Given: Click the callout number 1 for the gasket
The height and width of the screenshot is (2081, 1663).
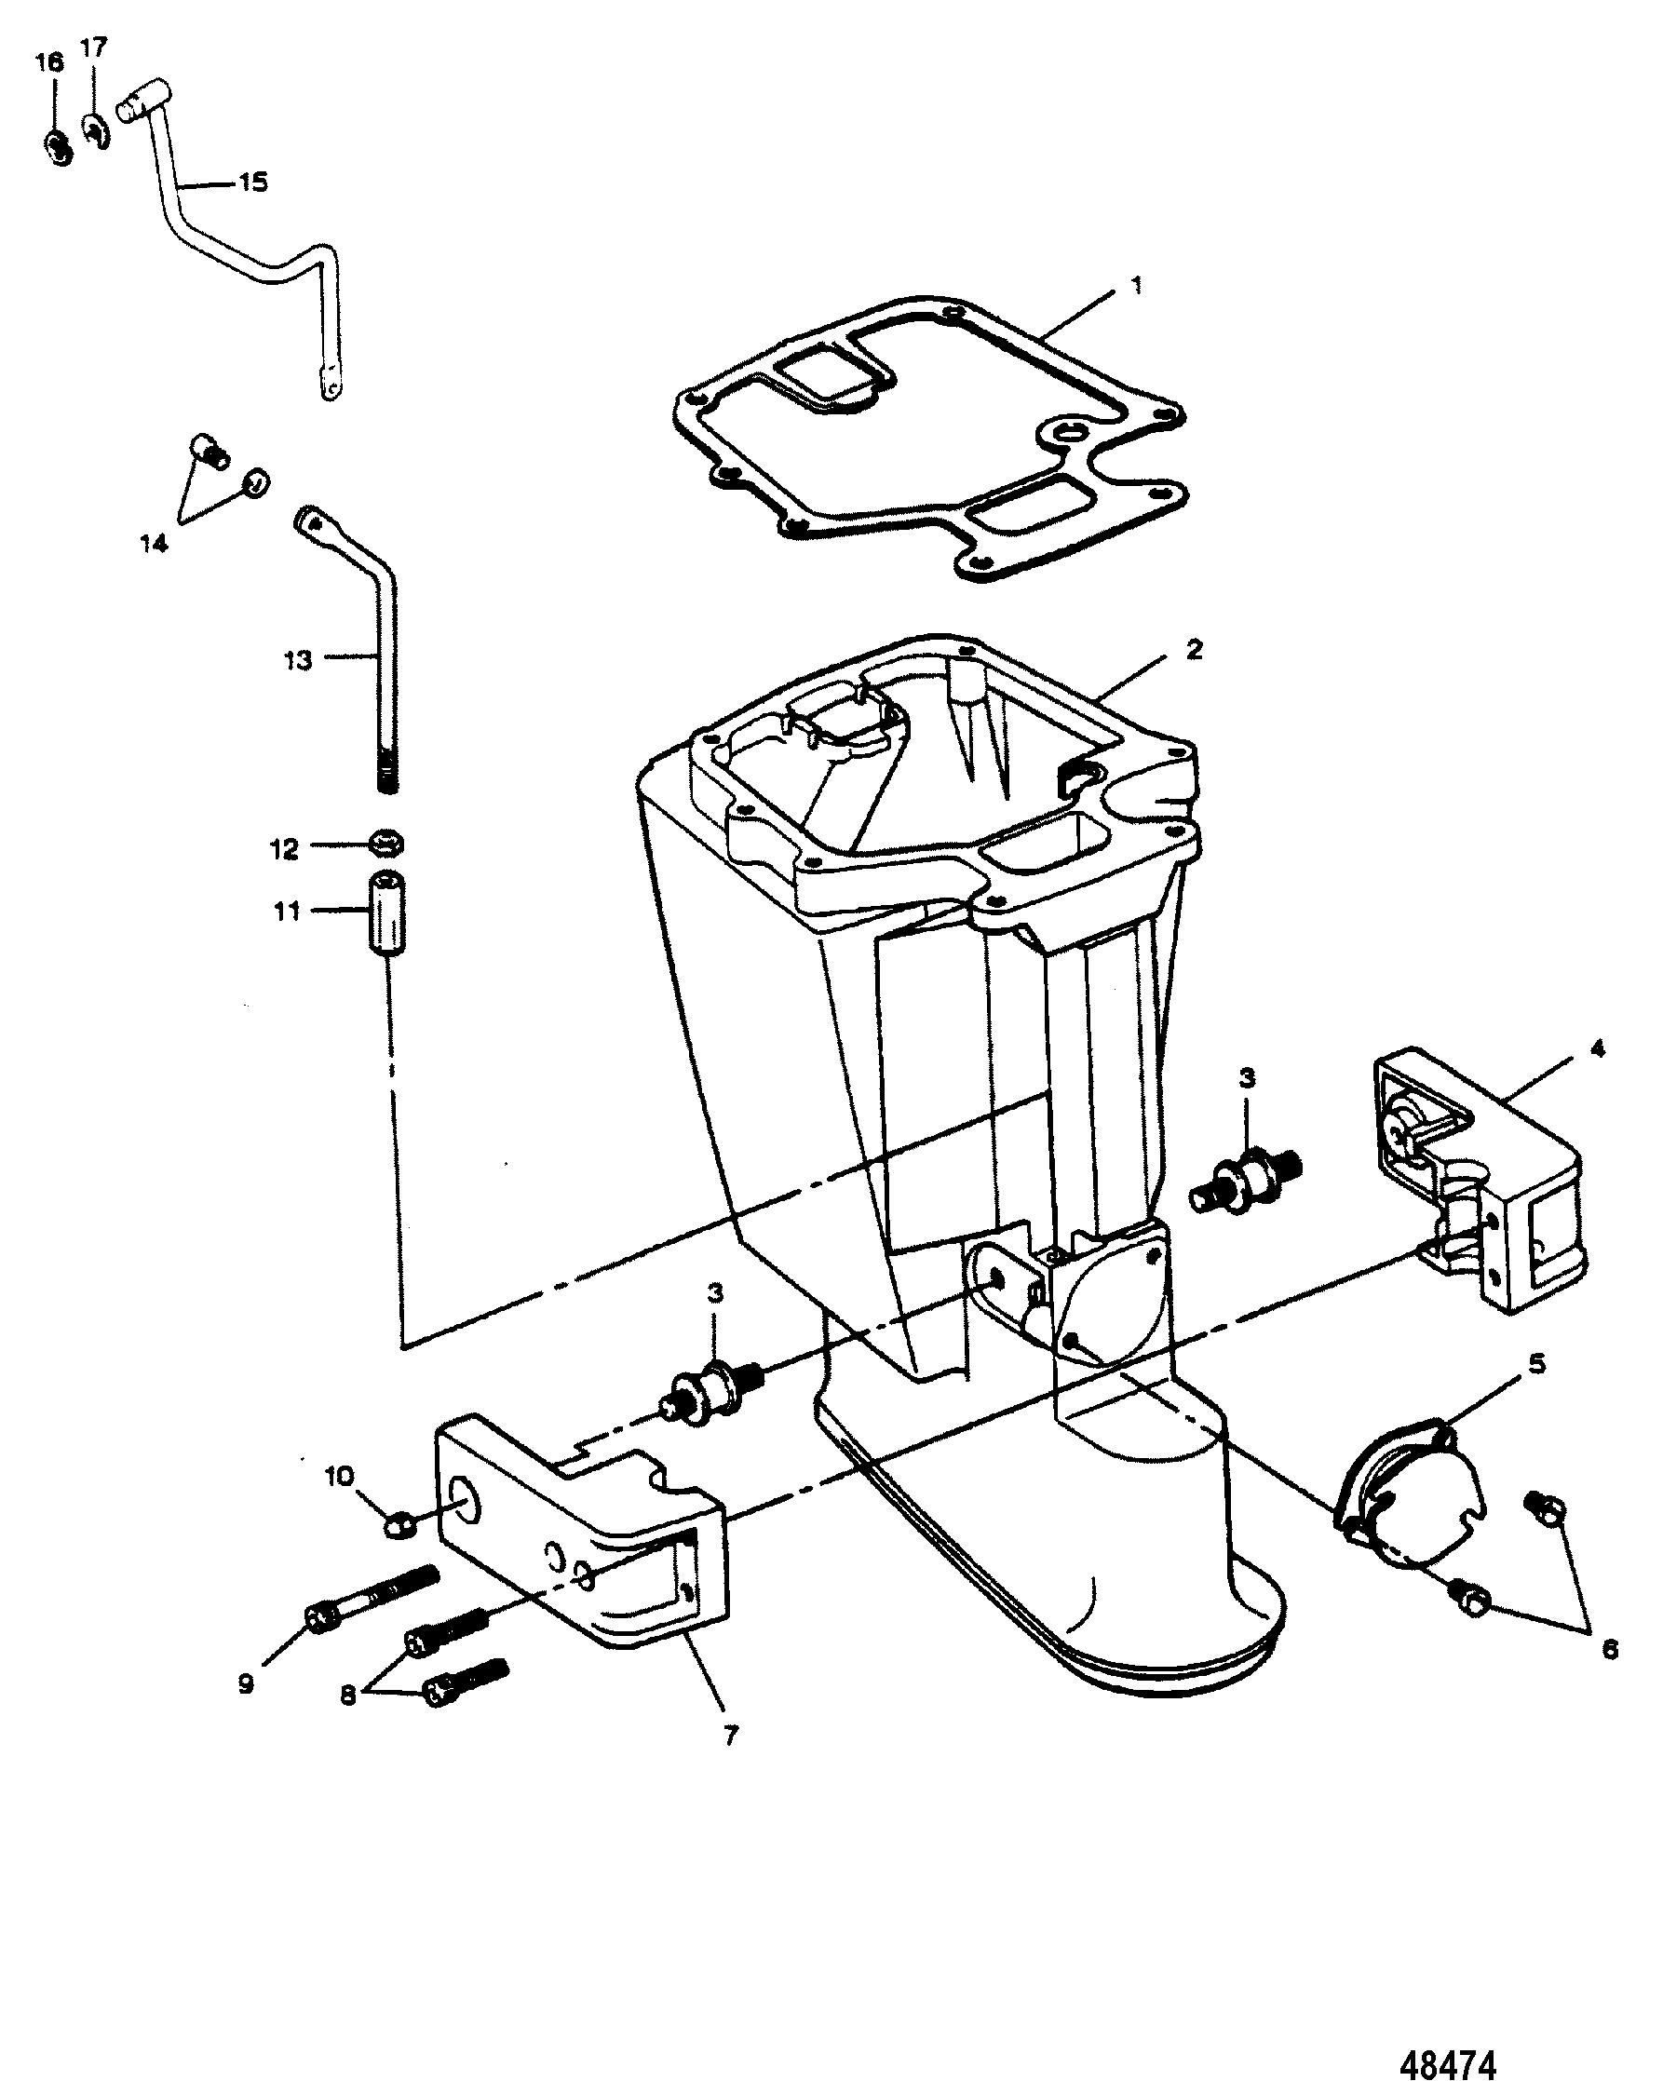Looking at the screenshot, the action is click(x=1137, y=286).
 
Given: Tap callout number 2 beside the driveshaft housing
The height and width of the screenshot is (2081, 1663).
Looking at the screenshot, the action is click(x=1194, y=651).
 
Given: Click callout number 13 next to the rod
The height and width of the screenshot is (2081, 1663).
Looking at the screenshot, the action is click(x=298, y=661).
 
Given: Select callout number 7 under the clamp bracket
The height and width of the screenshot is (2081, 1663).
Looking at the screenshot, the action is click(x=731, y=1736).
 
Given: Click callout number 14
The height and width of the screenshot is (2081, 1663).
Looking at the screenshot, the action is click(x=155, y=543).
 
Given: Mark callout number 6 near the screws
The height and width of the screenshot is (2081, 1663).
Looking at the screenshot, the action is click(x=1610, y=1651).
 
